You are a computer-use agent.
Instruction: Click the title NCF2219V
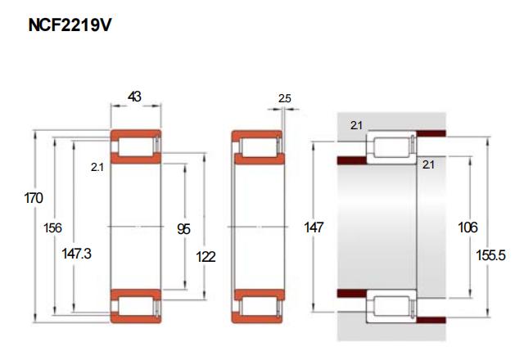pos(70,25)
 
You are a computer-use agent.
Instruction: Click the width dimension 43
pos(134,97)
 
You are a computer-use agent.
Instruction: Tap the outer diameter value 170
pos(34,198)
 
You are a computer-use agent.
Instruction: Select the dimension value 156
pos(52,227)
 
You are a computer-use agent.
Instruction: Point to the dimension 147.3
pos(76,254)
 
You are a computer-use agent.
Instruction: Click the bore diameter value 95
pos(183,229)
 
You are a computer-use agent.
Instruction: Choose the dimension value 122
pos(206,257)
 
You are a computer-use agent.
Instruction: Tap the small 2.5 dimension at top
pos(284,98)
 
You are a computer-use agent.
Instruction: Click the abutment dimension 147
pos(314,227)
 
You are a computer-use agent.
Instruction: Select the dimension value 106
pos(468,227)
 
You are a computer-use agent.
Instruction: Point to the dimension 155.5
pos(490,255)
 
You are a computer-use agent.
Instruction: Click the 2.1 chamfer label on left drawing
pos(97,167)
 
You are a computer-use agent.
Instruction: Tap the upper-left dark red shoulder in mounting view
pos(352,160)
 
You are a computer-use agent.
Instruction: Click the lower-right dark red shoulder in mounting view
pos(431,320)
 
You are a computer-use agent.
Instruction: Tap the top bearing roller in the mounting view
pos(391,147)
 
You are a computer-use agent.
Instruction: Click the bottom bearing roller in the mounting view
pos(391,306)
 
